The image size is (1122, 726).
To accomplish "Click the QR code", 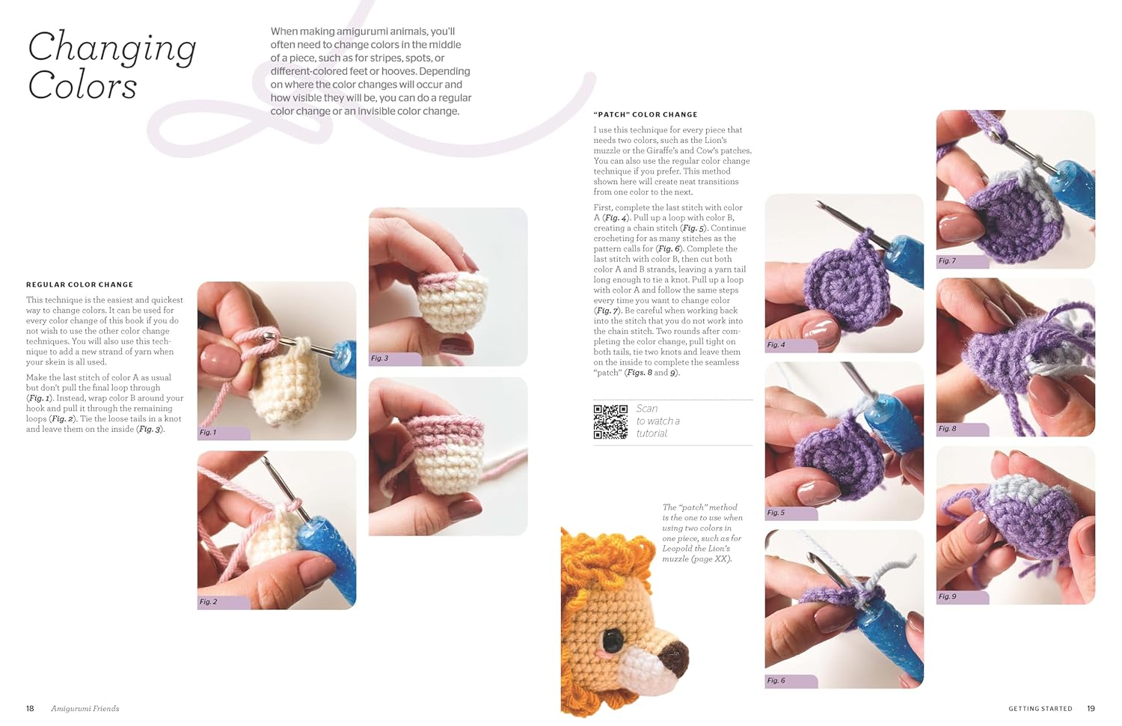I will pos(610,421).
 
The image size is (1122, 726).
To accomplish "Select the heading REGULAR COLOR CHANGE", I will pos(79,284).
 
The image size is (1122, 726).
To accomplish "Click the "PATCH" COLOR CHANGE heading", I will pos(645,115).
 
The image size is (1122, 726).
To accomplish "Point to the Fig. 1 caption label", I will pos(208,433).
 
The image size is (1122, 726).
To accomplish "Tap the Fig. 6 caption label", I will pos(776,680).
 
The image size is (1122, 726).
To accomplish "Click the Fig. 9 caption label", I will pos(948,597).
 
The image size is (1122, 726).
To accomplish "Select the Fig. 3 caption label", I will pos(380,359).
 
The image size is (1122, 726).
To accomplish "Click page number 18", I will pos(30,708).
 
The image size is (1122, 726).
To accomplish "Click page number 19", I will pos(1091,708).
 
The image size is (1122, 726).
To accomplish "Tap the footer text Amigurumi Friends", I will pos(85,708).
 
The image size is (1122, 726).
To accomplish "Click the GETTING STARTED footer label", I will pos(1040,708).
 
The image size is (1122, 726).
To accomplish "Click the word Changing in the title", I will pos(112,49).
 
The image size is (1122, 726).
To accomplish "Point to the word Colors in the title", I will pos(82,86).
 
